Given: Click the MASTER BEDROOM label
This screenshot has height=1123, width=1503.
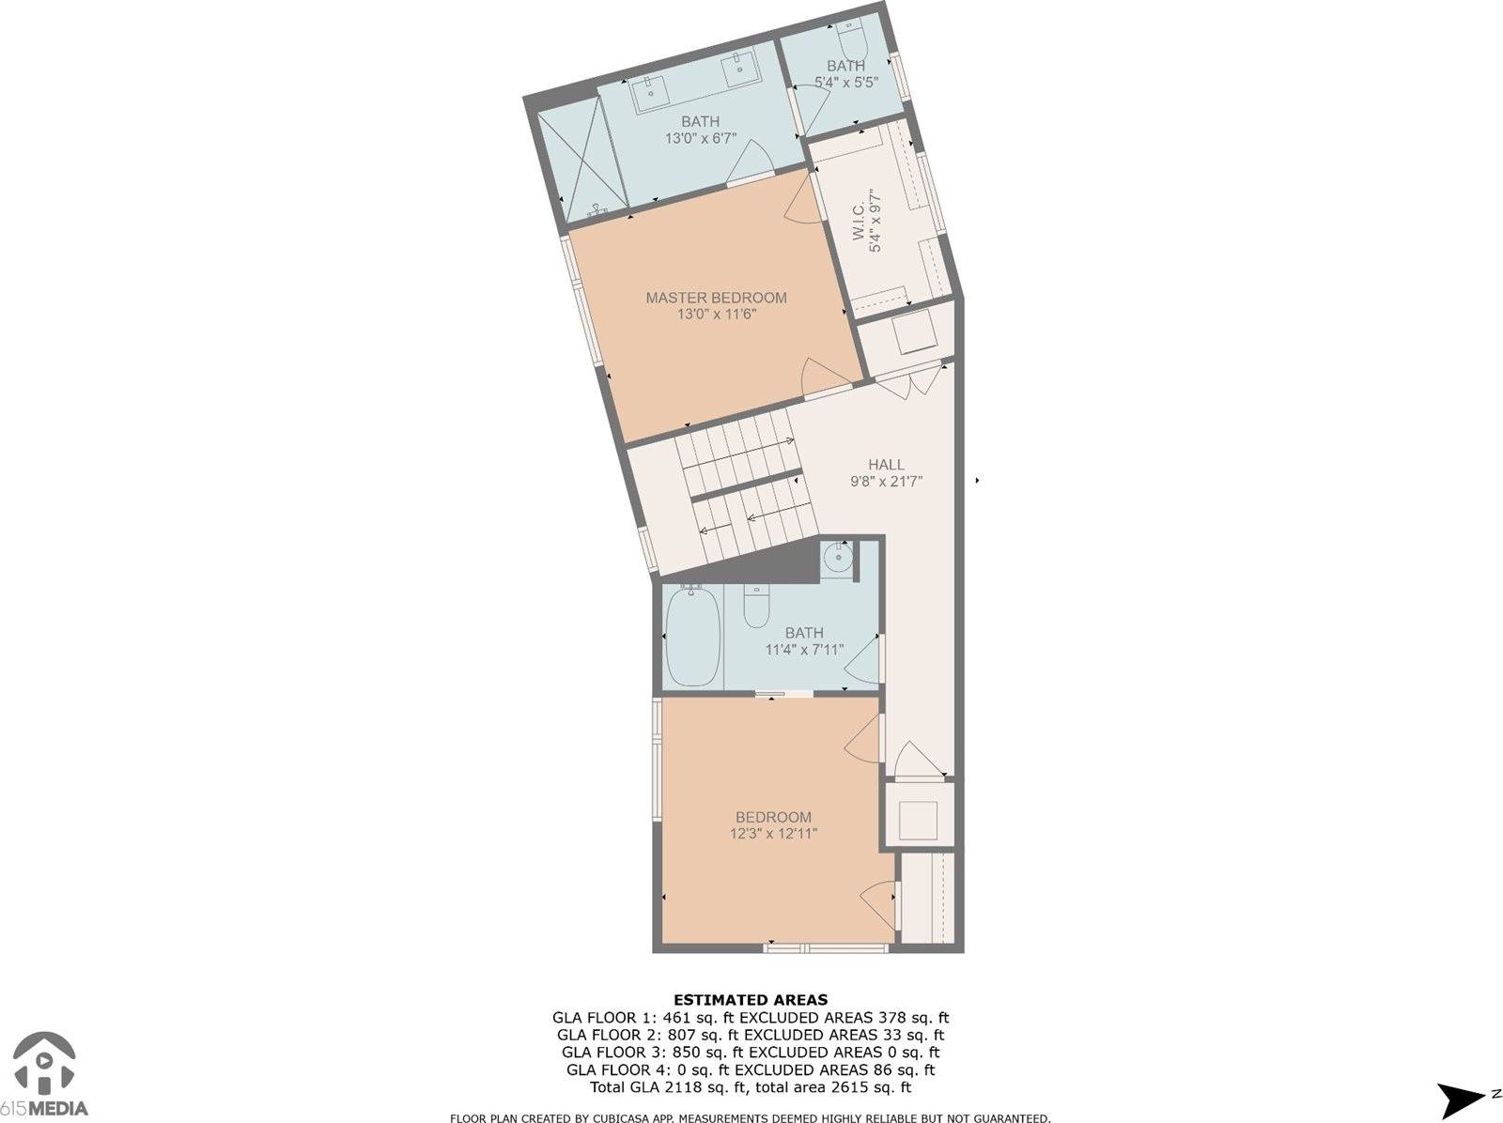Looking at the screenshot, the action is pyautogui.click(x=716, y=298).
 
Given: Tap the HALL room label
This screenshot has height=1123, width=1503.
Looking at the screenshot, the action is pyautogui.click(x=886, y=465).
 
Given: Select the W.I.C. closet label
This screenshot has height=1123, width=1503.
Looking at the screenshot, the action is pyautogui.click(x=859, y=221).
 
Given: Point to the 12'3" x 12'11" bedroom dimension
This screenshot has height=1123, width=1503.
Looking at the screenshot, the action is pyautogui.click(x=774, y=834).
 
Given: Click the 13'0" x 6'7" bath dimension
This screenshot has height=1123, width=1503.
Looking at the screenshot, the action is pyautogui.click(x=701, y=138).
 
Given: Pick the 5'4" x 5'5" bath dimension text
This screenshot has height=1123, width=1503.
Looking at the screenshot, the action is pyautogui.click(x=845, y=82).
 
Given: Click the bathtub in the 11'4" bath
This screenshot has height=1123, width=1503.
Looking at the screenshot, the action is pyautogui.click(x=693, y=636).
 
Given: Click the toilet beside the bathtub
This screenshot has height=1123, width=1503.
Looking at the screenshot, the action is pyautogui.click(x=756, y=607).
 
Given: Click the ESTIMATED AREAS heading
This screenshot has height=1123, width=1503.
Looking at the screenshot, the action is pyautogui.click(x=751, y=1000).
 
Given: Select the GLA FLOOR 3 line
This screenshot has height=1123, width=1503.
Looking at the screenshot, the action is pyautogui.click(x=751, y=1052).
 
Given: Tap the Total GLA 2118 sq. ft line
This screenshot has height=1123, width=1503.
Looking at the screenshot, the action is pyautogui.click(x=751, y=1087).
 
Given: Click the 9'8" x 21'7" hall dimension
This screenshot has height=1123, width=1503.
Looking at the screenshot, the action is pyautogui.click(x=886, y=482).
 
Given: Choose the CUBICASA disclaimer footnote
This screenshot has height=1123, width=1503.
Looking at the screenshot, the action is pyautogui.click(x=750, y=1117).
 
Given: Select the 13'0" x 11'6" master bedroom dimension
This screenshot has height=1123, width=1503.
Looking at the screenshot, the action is pyautogui.click(x=716, y=315).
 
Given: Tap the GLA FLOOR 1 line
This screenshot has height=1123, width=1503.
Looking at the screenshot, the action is pyautogui.click(x=751, y=1018).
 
